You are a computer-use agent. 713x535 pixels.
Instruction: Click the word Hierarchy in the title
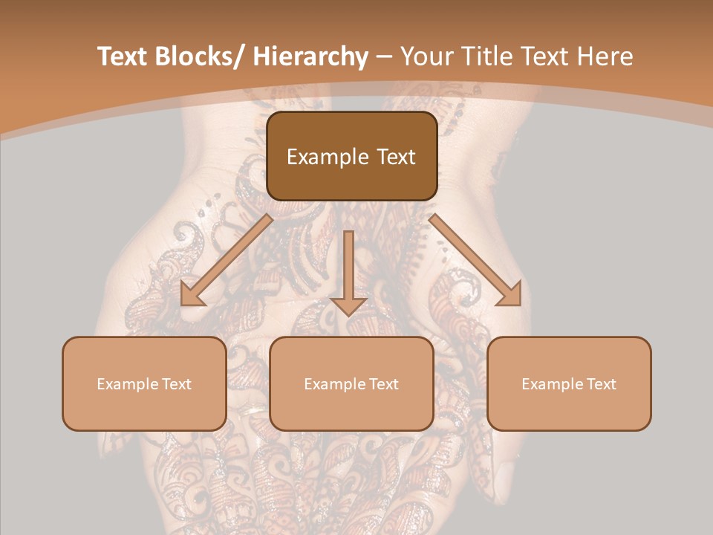click(311, 56)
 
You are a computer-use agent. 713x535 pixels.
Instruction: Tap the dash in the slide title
click(384, 56)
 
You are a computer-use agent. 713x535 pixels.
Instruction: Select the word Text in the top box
click(395, 157)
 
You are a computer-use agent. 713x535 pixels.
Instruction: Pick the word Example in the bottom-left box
click(127, 384)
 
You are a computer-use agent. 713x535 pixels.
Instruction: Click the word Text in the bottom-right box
click(601, 384)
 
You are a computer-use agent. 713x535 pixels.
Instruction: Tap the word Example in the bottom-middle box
click(334, 384)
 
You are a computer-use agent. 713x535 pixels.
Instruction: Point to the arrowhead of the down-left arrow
click(192, 296)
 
